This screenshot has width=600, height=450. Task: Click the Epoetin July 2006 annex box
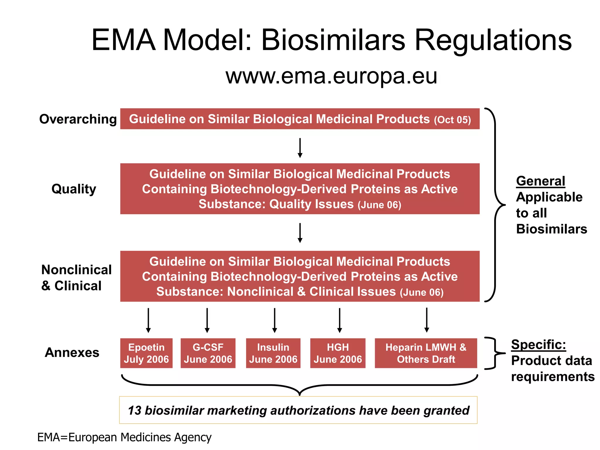[x=146, y=353]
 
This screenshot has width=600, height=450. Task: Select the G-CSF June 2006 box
[x=208, y=353]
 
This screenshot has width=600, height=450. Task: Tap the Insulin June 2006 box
[x=273, y=353]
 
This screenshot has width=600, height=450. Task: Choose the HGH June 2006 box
[x=338, y=353]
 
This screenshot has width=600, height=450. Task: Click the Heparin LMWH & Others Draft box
[x=426, y=353]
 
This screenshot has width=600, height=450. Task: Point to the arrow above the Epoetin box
[x=148, y=320]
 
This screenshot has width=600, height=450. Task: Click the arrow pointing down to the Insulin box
[x=275, y=320]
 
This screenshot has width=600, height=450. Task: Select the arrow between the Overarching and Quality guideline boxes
[x=300, y=148]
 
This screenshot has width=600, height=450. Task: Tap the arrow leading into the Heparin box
[x=427, y=320]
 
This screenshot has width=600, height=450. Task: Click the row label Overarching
[x=78, y=119]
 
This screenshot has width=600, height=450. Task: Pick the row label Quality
[x=74, y=189]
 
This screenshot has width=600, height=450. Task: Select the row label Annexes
[x=72, y=352]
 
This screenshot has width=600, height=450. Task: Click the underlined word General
[x=541, y=181]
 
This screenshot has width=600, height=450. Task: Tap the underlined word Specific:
[x=538, y=345]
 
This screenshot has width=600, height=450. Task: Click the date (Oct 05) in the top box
[x=452, y=120]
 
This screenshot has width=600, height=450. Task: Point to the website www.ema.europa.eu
[x=331, y=76]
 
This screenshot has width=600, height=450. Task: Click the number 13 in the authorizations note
[x=134, y=410]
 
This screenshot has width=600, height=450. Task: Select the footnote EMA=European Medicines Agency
[x=124, y=437]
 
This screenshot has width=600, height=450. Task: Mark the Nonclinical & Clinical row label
[x=76, y=277]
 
